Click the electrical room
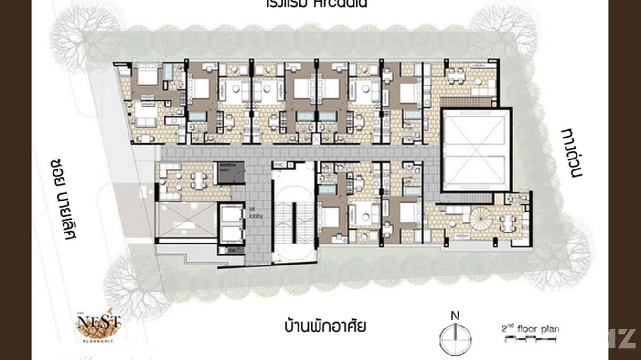[231, 173]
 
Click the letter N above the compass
[455, 316]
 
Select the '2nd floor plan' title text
[530, 329]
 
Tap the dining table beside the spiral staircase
[507, 222]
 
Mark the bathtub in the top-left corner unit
[168, 72]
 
